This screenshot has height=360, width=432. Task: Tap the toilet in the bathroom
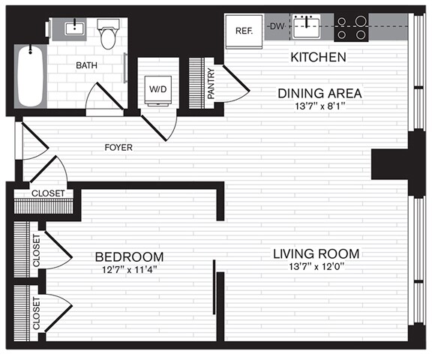pos(109,34)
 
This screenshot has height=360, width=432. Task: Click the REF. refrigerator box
pos(243,31)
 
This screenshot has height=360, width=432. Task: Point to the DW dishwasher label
pos(277,26)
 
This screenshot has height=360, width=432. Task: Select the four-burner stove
pos(350,27)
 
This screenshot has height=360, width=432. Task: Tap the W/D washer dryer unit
pos(157,89)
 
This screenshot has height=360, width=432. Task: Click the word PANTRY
pos(211,84)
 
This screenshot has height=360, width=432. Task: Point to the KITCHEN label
pos(317,58)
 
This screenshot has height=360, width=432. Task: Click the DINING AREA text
pos(321,94)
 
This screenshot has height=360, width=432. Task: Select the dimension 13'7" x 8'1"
pos(321,106)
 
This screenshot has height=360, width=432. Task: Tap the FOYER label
pos(118,148)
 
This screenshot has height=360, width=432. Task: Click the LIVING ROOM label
pos(315,253)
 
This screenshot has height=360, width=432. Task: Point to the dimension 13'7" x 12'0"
pos(315,266)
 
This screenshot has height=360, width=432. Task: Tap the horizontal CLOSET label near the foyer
pos(47,193)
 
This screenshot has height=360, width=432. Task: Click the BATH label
pos(86,66)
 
